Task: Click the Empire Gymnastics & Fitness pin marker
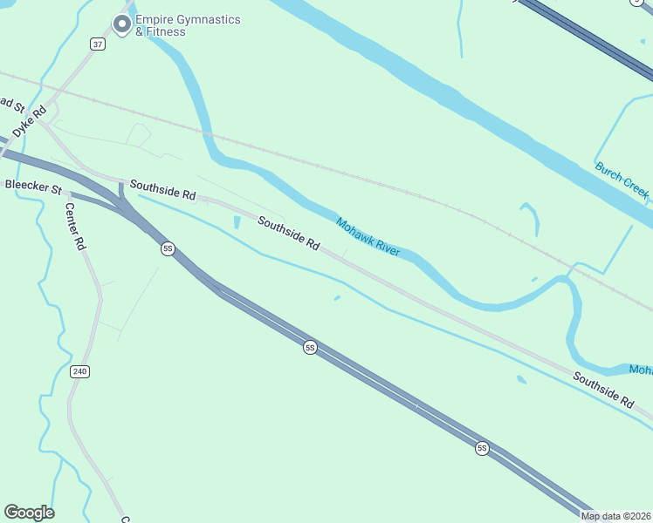[121, 25]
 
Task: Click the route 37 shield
[97, 44]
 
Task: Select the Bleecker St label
[33, 187]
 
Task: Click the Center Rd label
[77, 228]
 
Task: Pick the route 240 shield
[80, 371]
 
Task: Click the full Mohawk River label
[368, 237]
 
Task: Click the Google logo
[29, 513]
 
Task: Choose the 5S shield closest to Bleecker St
[168, 249]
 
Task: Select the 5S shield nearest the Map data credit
[482, 449]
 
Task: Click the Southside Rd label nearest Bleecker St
[163, 189]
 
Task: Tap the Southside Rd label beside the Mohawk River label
[288, 234]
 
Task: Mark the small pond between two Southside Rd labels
[237, 223]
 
